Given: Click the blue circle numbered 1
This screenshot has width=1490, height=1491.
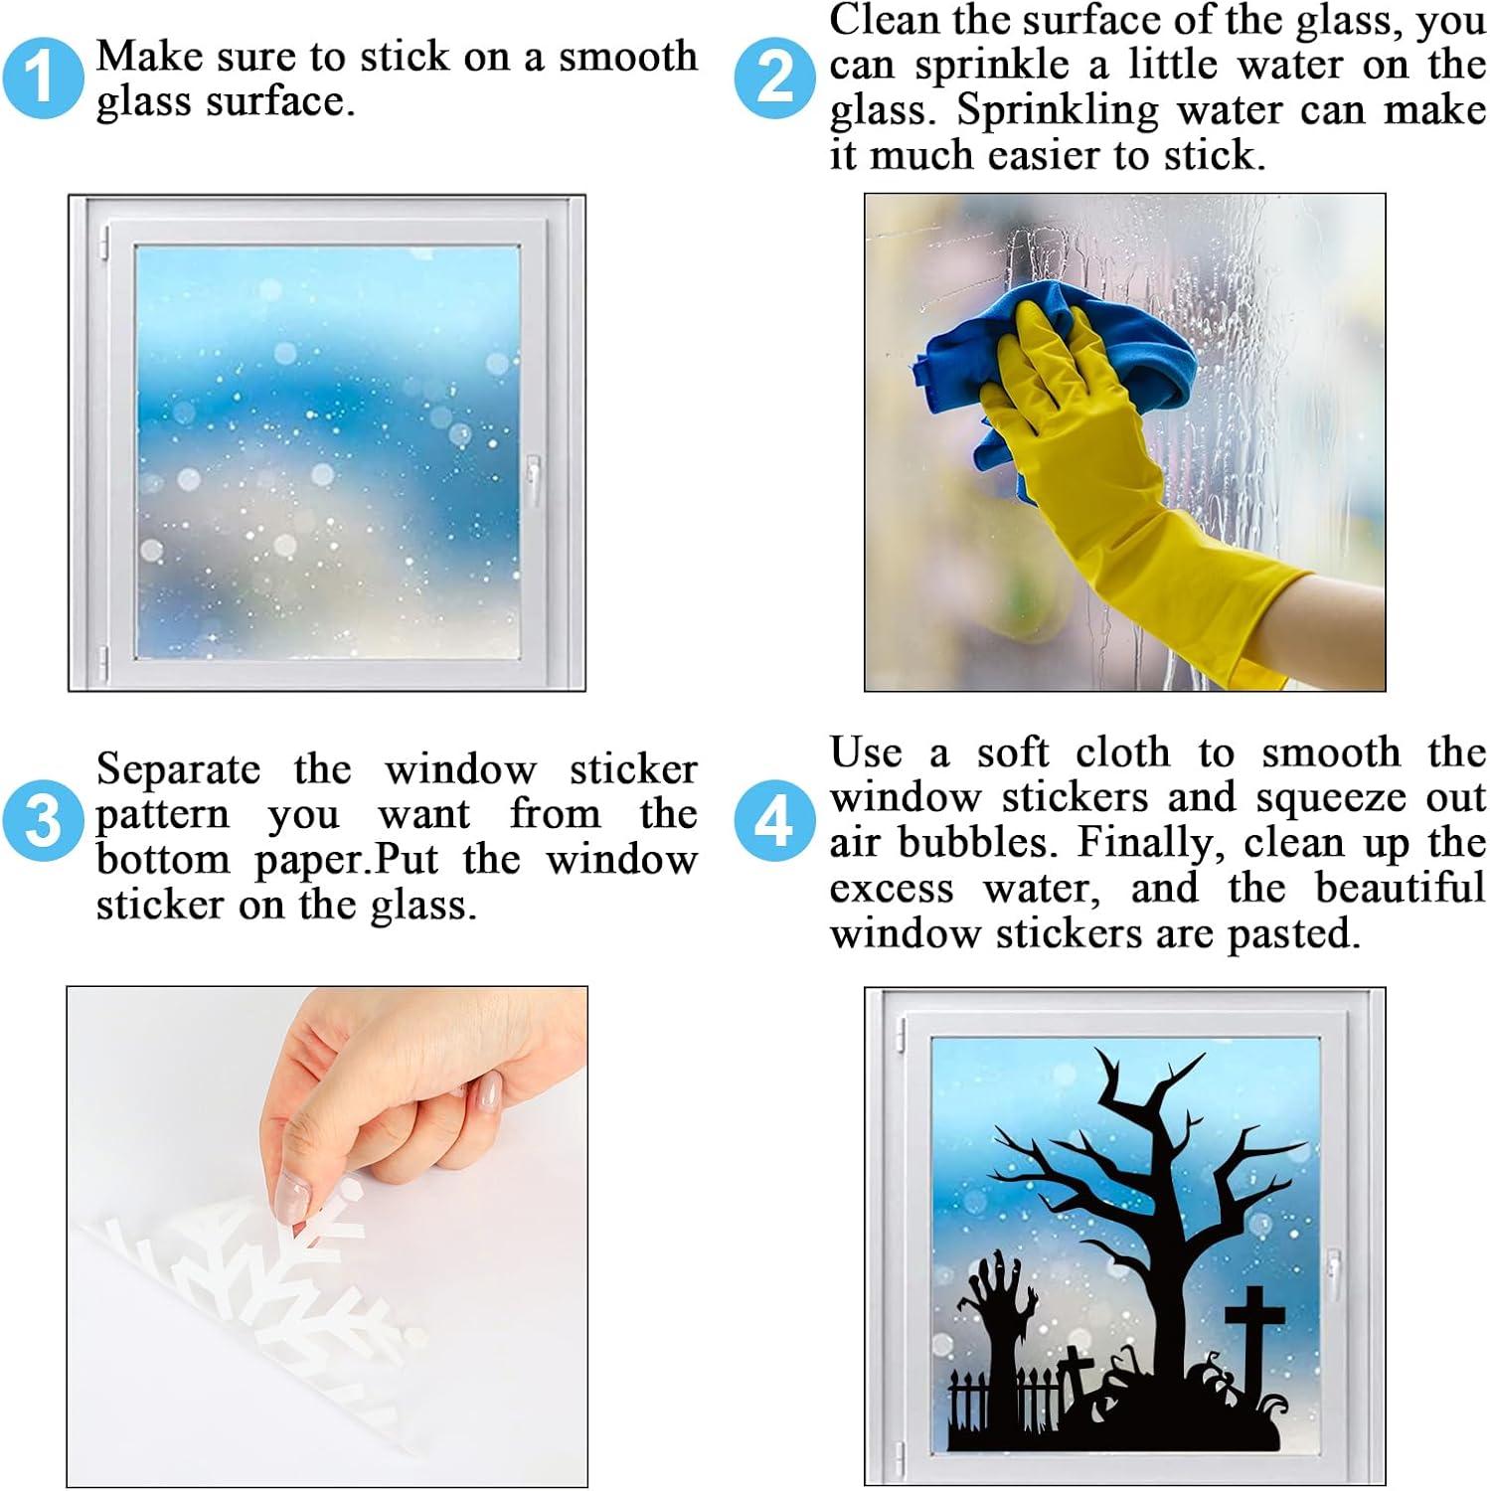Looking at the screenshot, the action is pos(42,78).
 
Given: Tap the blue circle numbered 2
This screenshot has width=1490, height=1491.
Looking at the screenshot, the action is pos(775,78).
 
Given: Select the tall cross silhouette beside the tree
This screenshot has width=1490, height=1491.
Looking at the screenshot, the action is pos(1255,1337).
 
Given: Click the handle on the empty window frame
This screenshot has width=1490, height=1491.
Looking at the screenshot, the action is pos(534,479).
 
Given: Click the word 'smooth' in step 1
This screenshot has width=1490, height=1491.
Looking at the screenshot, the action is pos(627,57).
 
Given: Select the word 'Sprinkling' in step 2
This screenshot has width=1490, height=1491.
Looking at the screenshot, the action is pos(1058,109).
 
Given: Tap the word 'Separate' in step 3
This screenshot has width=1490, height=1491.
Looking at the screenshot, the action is pos(178,769).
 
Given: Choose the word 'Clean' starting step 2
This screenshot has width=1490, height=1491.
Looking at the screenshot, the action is pos(884,19).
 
